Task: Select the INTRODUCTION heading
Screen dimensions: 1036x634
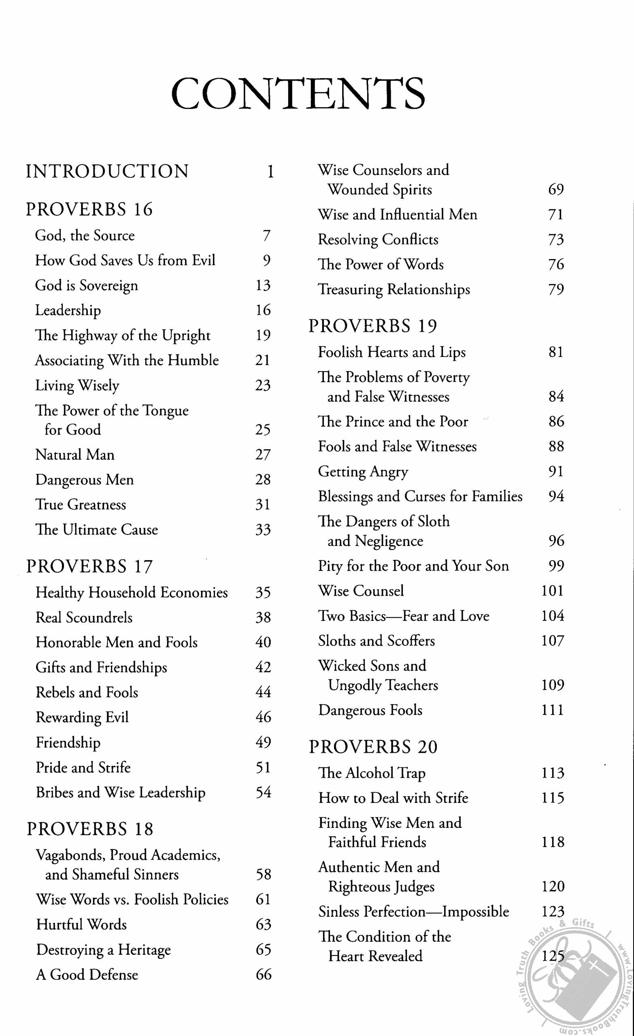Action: click(107, 171)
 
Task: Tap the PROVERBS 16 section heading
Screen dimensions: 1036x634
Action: click(89, 209)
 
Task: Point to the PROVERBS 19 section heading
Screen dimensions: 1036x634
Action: click(373, 326)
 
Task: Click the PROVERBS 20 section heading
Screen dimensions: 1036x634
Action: click(373, 746)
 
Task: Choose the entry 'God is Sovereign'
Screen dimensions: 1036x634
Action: click(86, 285)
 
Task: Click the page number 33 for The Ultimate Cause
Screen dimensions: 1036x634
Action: click(263, 529)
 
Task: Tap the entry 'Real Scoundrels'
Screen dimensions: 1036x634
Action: click(84, 617)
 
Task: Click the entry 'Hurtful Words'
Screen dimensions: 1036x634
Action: click(82, 924)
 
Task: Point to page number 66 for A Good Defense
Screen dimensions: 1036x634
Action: click(264, 974)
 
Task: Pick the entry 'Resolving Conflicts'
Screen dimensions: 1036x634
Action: click(378, 240)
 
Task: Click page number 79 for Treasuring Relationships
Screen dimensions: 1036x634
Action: click(556, 289)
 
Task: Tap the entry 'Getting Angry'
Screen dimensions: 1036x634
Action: click(363, 472)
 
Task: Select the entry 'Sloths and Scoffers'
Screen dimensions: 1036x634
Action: click(376, 641)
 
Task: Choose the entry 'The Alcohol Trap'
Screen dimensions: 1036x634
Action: click(372, 773)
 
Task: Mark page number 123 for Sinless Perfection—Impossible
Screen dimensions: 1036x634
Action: click(553, 911)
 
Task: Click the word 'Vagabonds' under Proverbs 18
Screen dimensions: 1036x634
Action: click(71, 855)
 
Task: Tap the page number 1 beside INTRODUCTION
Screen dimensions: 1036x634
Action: click(270, 172)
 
